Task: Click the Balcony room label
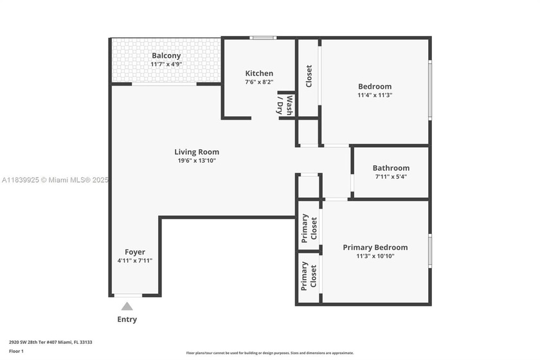166,55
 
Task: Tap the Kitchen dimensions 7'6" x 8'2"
259,82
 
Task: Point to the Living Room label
197,152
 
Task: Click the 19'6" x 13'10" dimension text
197,161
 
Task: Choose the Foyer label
135,252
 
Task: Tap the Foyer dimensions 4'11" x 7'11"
135,261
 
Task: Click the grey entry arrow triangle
127,306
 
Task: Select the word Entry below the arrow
127,319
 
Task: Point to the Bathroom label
392,168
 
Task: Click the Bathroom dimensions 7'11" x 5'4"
392,177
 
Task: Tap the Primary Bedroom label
375,248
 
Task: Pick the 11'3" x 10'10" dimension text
375,256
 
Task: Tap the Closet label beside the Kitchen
309,76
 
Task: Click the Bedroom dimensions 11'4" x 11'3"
375,95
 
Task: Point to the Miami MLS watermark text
55,180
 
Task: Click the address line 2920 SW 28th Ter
51,342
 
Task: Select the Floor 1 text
16,351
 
